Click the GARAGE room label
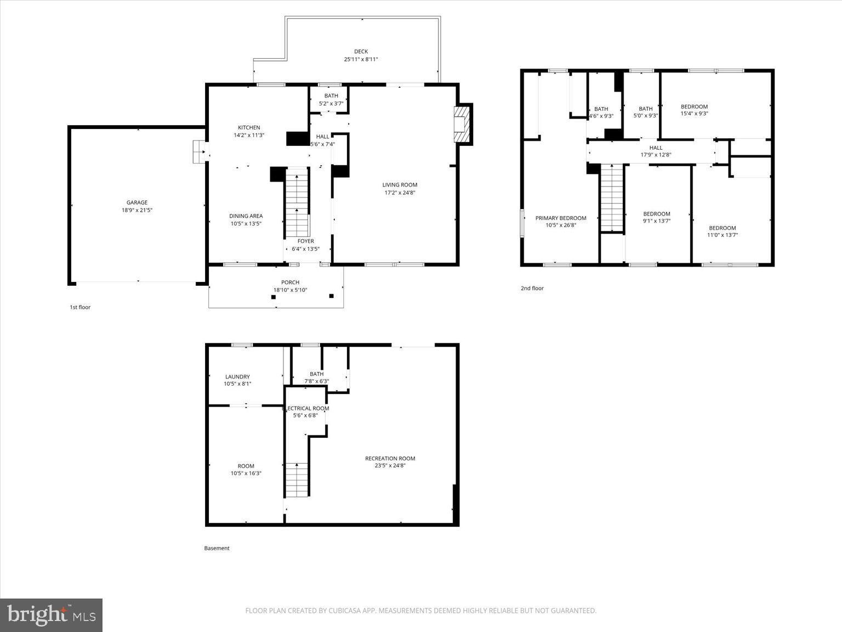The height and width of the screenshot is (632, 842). (136, 202)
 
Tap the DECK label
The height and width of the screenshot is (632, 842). (361, 52)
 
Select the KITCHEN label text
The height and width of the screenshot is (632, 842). (249, 128)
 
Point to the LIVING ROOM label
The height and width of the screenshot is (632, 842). (400, 185)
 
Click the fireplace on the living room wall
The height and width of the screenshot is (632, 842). (462, 125)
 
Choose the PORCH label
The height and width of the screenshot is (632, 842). (290, 283)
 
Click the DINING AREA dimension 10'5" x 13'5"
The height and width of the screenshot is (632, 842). (246, 223)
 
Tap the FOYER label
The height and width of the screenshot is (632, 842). (305, 241)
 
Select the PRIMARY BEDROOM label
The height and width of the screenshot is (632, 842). (561, 218)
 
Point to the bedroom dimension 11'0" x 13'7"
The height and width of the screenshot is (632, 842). (722, 235)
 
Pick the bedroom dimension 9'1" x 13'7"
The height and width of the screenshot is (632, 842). (656, 221)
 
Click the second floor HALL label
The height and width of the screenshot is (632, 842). (656, 148)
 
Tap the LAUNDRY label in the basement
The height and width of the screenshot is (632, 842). (237, 377)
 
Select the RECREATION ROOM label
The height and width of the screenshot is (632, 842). (390, 459)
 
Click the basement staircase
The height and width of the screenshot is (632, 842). (297, 480)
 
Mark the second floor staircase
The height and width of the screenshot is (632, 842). (612, 198)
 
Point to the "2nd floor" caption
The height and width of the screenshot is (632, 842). (532, 288)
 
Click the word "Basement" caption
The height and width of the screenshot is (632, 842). (217, 548)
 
